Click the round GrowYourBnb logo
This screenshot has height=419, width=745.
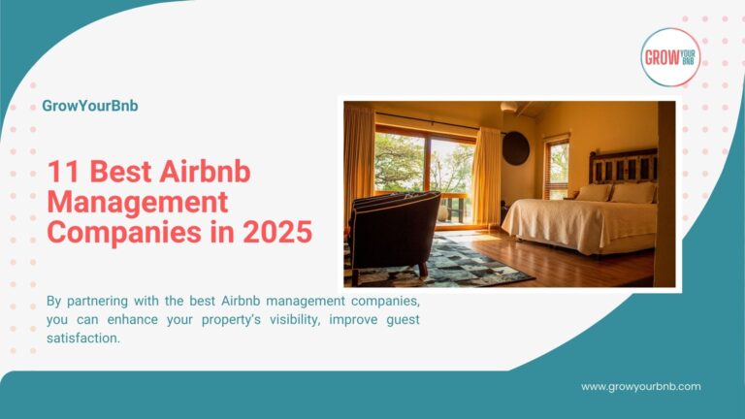670,57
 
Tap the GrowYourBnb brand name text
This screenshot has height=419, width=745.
90,106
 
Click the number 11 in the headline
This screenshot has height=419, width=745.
63,174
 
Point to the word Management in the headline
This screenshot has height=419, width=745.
138,203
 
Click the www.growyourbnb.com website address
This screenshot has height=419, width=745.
640,386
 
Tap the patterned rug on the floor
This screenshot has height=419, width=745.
461,265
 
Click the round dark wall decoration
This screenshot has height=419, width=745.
516,148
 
